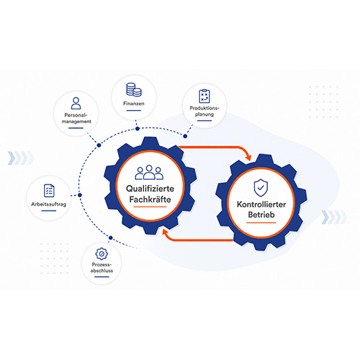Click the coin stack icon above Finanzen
click(x=134, y=89)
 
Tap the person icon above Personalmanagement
click(x=76, y=103)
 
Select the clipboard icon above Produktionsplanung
click(x=204, y=96)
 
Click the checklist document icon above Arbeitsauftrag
click(x=49, y=191)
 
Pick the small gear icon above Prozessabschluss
click(x=101, y=254)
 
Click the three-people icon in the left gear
click(x=149, y=172)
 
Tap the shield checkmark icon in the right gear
click(x=261, y=188)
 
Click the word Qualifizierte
click(x=150, y=189)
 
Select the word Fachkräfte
click(x=150, y=200)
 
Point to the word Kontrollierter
click(x=262, y=204)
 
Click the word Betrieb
click(x=262, y=215)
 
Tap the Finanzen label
click(x=134, y=103)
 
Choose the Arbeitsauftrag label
click(x=49, y=204)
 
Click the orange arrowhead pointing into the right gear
click(x=248, y=158)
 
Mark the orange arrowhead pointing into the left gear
click(x=165, y=232)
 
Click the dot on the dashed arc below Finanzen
click(x=137, y=129)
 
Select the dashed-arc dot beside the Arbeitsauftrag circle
click(x=80, y=195)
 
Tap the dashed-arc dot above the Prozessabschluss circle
click(x=111, y=237)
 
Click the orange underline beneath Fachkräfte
click(x=150, y=207)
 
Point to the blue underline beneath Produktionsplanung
click(x=204, y=120)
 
